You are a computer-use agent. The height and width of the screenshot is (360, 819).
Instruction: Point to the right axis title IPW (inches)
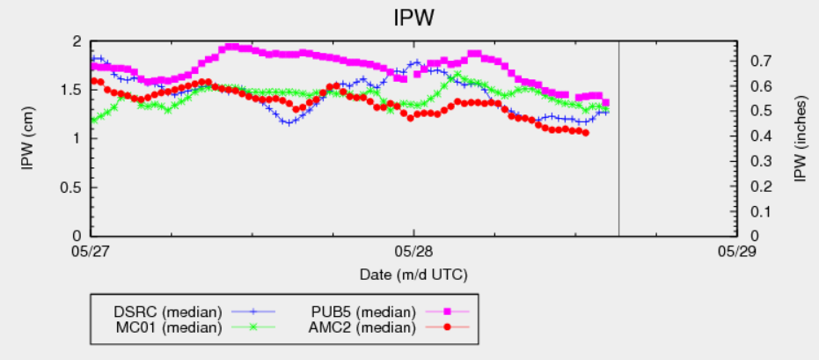click(800, 138)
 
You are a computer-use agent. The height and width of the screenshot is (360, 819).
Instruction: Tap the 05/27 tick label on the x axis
click(91, 250)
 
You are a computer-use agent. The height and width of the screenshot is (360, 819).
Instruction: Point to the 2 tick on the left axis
click(77, 41)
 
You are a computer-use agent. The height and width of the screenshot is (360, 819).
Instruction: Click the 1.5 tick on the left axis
click(72, 90)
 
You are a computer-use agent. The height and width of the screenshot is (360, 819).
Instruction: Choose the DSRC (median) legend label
click(166, 312)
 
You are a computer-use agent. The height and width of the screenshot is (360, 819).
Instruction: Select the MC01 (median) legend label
click(166, 327)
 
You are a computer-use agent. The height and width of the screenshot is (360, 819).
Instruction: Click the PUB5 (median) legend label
click(362, 312)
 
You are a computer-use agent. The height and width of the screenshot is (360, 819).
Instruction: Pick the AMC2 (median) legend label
click(362, 327)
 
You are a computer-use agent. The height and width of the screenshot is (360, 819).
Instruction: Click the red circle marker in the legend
click(447, 327)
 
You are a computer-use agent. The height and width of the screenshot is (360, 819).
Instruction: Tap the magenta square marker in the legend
click(447, 312)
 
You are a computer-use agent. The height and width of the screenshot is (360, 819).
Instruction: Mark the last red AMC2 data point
click(585, 133)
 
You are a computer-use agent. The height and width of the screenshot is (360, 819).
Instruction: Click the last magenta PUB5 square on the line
click(605, 103)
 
